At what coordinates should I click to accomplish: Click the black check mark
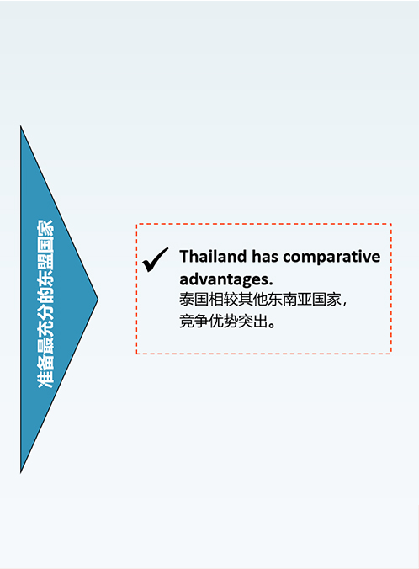[x=156, y=260]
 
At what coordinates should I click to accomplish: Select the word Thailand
[x=214, y=256]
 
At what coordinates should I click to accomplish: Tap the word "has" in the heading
[x=266, y=256]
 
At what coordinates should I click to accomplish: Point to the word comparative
[x=332, y=257]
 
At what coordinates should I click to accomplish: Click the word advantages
[x=226, y=279]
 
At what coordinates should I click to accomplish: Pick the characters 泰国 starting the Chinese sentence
[x=194, y=300]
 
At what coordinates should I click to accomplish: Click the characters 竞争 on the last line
[x=194, y=321]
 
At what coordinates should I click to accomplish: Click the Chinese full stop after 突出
[x=272, y=324]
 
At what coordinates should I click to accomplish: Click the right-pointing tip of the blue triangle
[x=98, y=299]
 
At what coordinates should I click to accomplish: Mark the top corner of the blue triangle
[x=21, y=126]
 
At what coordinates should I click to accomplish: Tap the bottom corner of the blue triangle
[x=21, y=472]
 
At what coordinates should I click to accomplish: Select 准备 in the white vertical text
[x=45, y=374]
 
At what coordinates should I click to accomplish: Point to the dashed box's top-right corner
[x=391, y=224]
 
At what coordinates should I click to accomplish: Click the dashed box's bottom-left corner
[x=137, y=353]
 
